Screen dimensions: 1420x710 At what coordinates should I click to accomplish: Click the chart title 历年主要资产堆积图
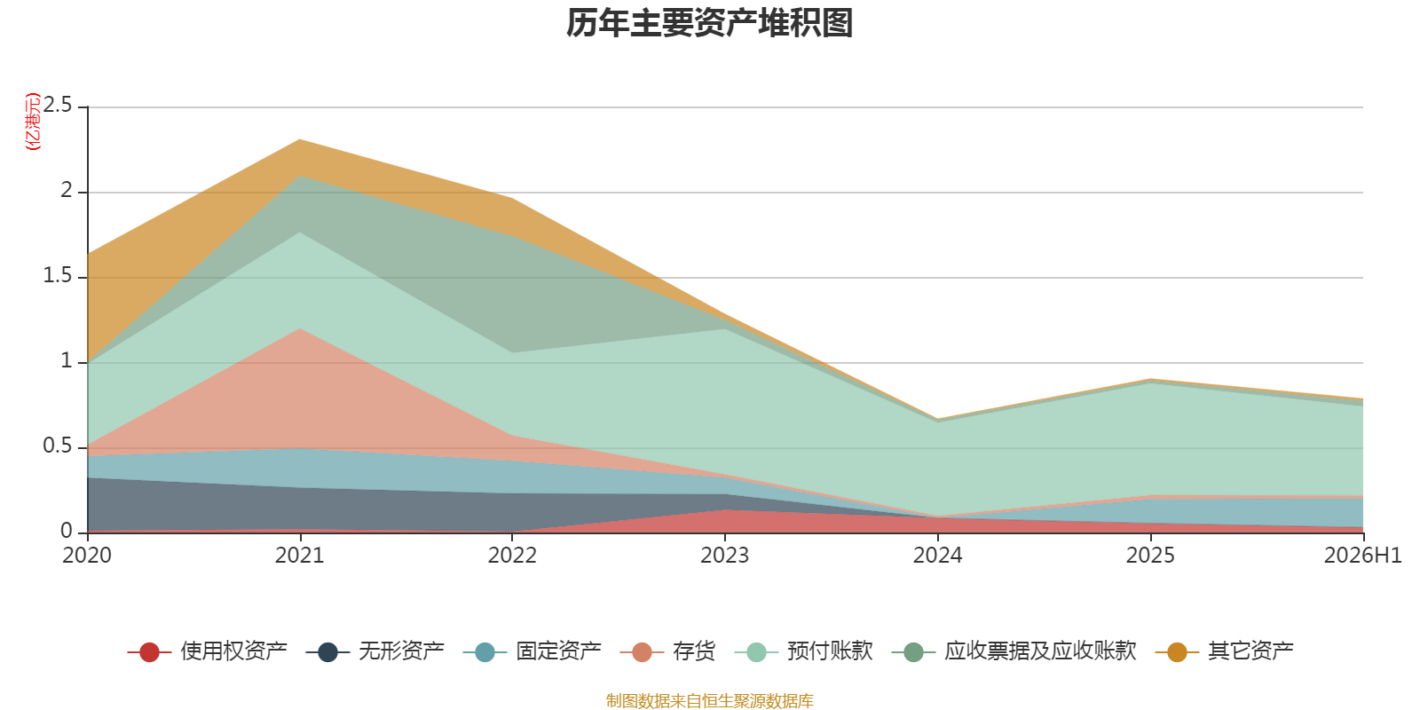coord(709,23)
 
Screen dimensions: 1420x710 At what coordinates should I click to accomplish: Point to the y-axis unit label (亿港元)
coord(32,121)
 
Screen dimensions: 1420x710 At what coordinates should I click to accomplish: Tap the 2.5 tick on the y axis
coord(58,106)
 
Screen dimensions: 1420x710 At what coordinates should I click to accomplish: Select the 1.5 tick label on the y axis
coord(58,275)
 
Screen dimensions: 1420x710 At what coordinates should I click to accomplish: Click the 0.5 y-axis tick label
coord(58,446)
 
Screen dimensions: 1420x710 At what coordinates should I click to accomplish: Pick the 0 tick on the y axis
coord(66,532)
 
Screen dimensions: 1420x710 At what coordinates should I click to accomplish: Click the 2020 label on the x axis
coord(87,556)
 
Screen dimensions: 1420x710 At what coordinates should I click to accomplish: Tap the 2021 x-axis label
coord(299,556)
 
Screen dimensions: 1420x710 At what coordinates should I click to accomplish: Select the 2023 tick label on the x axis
coord(724,556)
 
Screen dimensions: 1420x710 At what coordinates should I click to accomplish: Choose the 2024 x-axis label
coord(937,556)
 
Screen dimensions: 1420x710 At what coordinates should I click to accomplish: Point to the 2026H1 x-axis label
coord(1362,556)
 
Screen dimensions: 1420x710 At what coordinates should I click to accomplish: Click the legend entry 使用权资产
coord(208,651)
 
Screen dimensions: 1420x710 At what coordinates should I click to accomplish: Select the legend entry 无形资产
coord(375,651)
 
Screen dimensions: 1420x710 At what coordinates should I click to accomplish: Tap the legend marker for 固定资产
coord(485,651)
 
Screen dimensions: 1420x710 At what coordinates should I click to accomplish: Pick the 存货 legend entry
coord(667,651)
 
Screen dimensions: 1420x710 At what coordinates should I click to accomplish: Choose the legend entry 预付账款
coord(804,651)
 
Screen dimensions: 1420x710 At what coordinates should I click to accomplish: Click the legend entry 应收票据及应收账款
coord(1014,651)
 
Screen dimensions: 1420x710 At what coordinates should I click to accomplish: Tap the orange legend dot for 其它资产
coord(1177,651)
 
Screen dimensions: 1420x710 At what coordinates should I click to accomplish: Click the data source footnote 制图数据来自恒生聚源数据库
coord(709,700)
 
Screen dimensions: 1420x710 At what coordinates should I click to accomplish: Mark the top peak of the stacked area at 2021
coord(299,139)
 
